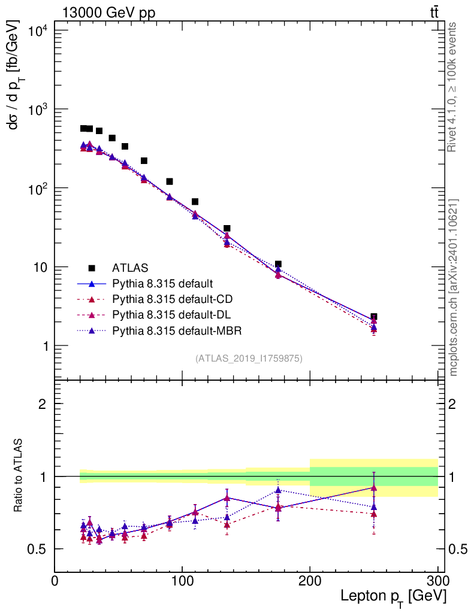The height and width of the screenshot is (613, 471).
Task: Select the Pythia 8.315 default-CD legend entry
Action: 167,299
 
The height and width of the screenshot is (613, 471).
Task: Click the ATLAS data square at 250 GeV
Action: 374,317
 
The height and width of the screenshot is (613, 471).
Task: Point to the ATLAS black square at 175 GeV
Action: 278,264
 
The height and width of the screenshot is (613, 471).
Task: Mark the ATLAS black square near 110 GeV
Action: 195,202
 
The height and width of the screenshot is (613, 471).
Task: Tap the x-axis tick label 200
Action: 310,581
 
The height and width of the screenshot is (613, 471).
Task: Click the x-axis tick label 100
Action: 182,581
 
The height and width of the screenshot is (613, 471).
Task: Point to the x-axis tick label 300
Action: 437,581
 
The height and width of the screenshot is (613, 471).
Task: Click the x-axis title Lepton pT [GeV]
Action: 393,596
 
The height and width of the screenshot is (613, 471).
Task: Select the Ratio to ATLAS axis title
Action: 19,475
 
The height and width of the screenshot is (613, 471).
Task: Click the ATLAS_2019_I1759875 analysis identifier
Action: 248,359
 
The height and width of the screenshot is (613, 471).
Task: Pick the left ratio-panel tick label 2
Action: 43,403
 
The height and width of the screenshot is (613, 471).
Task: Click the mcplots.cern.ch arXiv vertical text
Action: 454,287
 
